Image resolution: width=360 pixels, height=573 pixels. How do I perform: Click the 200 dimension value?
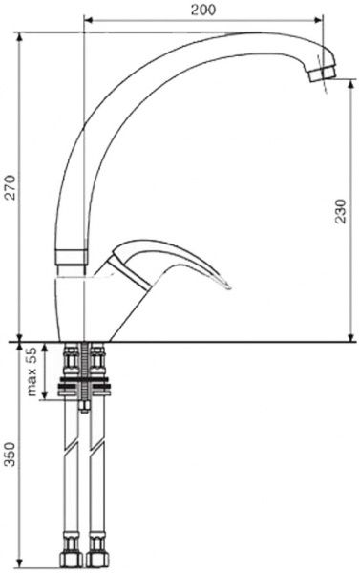coord(203,10)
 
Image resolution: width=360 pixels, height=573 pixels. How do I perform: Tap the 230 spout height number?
coord(340,211)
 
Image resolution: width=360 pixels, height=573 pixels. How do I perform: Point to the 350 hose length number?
coord(10,454)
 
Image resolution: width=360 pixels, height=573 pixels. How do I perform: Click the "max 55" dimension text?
coord(32,371)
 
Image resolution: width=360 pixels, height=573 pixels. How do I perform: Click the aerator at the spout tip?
coord(322,74)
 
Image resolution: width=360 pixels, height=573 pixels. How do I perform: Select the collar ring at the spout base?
coord(72,257)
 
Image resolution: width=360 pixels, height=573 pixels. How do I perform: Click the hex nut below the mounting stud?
coord(84,407)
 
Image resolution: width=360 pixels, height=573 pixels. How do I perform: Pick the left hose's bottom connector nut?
coord(71,559)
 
